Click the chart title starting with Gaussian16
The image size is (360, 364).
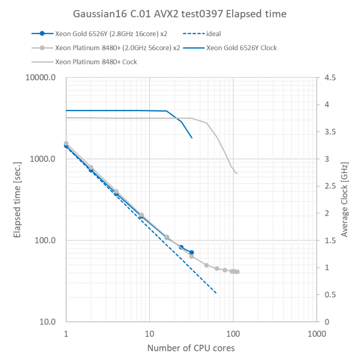180,14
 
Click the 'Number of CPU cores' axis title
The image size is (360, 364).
191,348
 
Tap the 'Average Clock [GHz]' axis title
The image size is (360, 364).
345,200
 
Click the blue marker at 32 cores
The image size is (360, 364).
191,252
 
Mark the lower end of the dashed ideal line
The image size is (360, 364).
216,293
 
